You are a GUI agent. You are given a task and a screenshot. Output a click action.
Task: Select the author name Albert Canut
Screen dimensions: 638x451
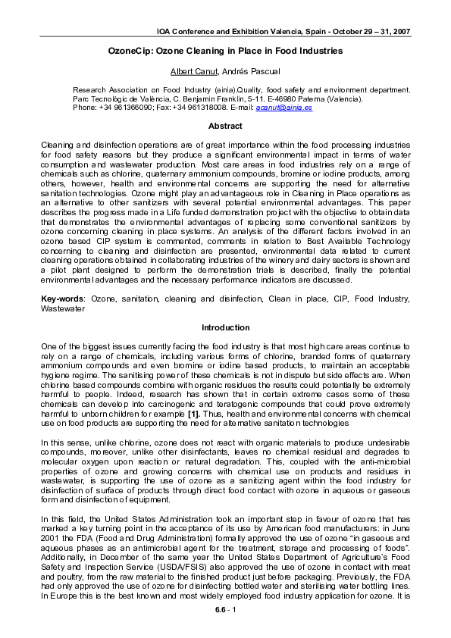pos(196,70)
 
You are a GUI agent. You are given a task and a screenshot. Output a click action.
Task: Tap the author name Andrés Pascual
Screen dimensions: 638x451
pos(252,70)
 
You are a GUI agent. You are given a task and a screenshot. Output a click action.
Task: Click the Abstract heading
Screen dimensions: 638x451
pos(225,127)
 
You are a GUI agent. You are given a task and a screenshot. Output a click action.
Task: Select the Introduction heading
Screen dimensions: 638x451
pos(225,327)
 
